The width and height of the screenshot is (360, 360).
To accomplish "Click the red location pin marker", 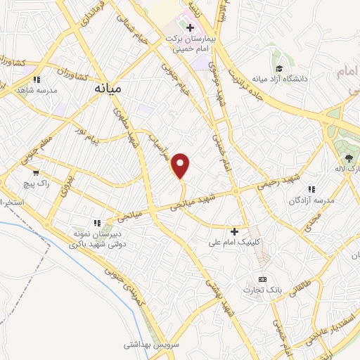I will pos(181,166).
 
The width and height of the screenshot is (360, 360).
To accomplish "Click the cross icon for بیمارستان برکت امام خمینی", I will pos(190,27).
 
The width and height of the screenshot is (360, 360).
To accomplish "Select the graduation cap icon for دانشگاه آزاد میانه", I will pos(280,69).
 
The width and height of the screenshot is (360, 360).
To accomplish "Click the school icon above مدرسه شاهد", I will pos(37,79).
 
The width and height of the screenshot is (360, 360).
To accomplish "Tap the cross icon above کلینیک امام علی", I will pos(235,231).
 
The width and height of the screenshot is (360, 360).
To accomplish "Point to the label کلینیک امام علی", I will pos(235,242).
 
